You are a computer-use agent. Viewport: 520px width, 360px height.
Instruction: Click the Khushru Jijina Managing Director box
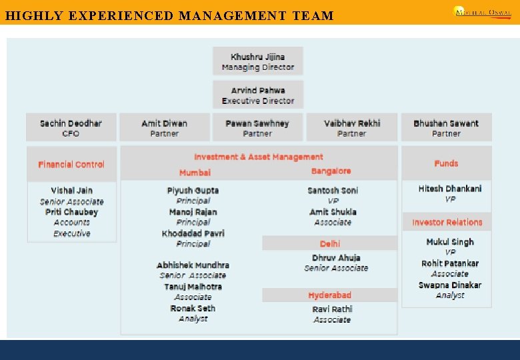257,61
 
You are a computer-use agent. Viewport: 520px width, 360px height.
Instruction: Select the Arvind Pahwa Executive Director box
257,95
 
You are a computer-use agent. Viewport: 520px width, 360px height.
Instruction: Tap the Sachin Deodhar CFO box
71,128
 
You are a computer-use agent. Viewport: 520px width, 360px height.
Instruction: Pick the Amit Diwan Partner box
164,128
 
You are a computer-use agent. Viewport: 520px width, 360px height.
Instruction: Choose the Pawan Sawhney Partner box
257,128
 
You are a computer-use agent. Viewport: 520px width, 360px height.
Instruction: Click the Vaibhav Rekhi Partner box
352,128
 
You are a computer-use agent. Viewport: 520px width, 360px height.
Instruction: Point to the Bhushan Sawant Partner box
446,128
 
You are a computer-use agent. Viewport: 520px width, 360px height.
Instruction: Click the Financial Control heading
71,164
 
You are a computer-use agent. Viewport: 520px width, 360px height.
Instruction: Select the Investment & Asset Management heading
259,157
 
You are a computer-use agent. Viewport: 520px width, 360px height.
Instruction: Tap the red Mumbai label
195,173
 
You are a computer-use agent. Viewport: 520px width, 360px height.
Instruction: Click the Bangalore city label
331,171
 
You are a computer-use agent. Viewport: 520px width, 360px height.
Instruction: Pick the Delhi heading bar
329,244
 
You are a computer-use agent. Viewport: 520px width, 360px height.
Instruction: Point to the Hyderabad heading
329,295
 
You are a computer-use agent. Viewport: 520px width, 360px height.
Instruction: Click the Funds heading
446,163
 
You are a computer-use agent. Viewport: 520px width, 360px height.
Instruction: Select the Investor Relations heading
447,222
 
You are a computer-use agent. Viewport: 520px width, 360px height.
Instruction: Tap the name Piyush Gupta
193,190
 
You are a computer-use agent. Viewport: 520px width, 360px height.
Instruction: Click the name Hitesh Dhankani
450,189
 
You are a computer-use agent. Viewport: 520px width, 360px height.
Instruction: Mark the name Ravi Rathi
332,309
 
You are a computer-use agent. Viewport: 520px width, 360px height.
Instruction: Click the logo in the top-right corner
482,11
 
